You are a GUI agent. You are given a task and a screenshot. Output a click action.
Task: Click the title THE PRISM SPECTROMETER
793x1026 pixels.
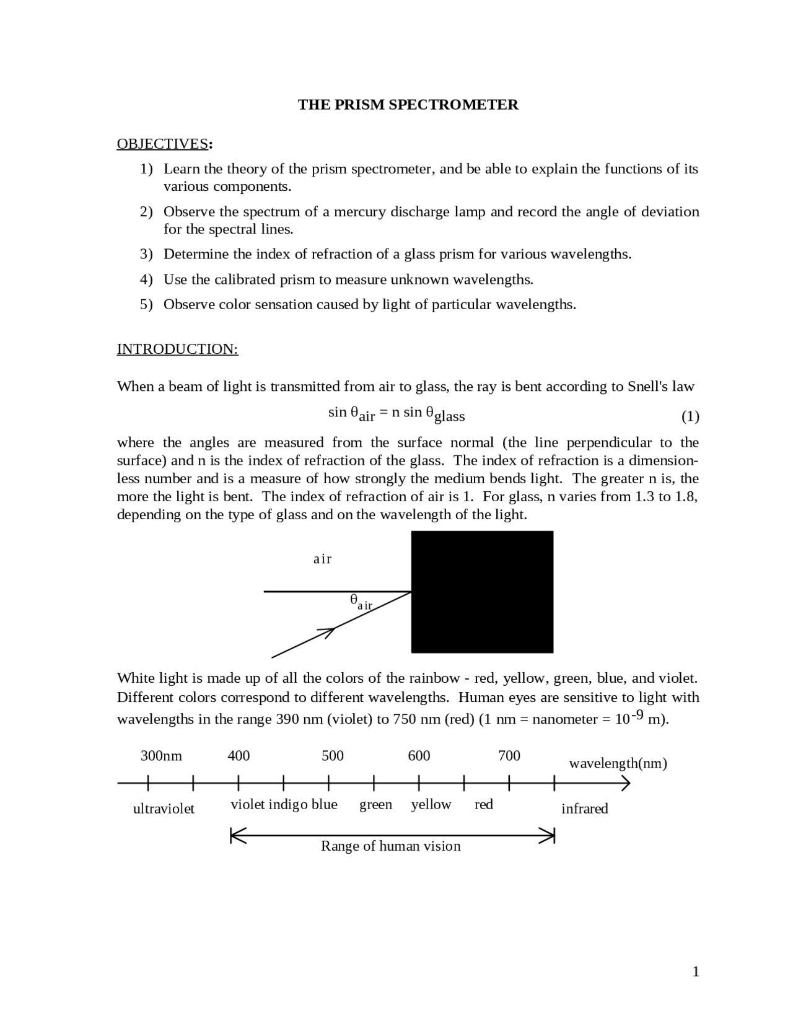(408, 105)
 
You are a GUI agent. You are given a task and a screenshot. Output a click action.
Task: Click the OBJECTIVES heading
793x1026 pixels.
(162, 144)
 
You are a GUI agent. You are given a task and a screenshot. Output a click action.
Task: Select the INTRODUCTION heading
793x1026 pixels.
(177, 349)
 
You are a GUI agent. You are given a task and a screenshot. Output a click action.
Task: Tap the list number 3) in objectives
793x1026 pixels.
(146, 254)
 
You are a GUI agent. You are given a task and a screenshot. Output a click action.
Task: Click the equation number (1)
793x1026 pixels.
(690, 416)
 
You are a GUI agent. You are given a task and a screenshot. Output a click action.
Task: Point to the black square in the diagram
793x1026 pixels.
(482, 592)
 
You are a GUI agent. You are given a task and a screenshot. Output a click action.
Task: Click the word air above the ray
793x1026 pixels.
(322, 559)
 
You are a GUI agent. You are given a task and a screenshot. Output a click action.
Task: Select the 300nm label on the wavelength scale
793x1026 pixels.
(161, 755)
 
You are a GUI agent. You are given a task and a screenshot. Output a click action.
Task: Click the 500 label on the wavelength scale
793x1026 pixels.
(332, 755)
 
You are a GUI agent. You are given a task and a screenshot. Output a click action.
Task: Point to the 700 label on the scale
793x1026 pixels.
(509, 755)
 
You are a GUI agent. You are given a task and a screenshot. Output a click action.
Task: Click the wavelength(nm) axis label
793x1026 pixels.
(618, 763)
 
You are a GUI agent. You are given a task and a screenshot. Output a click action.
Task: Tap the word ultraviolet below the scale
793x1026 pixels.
(164, 809)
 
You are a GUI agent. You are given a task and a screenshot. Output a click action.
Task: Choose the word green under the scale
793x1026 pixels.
(375, 804)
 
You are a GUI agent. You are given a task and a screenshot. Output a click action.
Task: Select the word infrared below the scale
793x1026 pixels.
(584, 809)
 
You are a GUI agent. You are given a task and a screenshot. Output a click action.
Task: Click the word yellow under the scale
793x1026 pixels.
(431, 804)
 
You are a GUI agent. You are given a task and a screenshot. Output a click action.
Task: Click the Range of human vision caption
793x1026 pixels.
(390, 846)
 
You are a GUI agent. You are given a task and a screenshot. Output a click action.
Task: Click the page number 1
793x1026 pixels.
(695, 971)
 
